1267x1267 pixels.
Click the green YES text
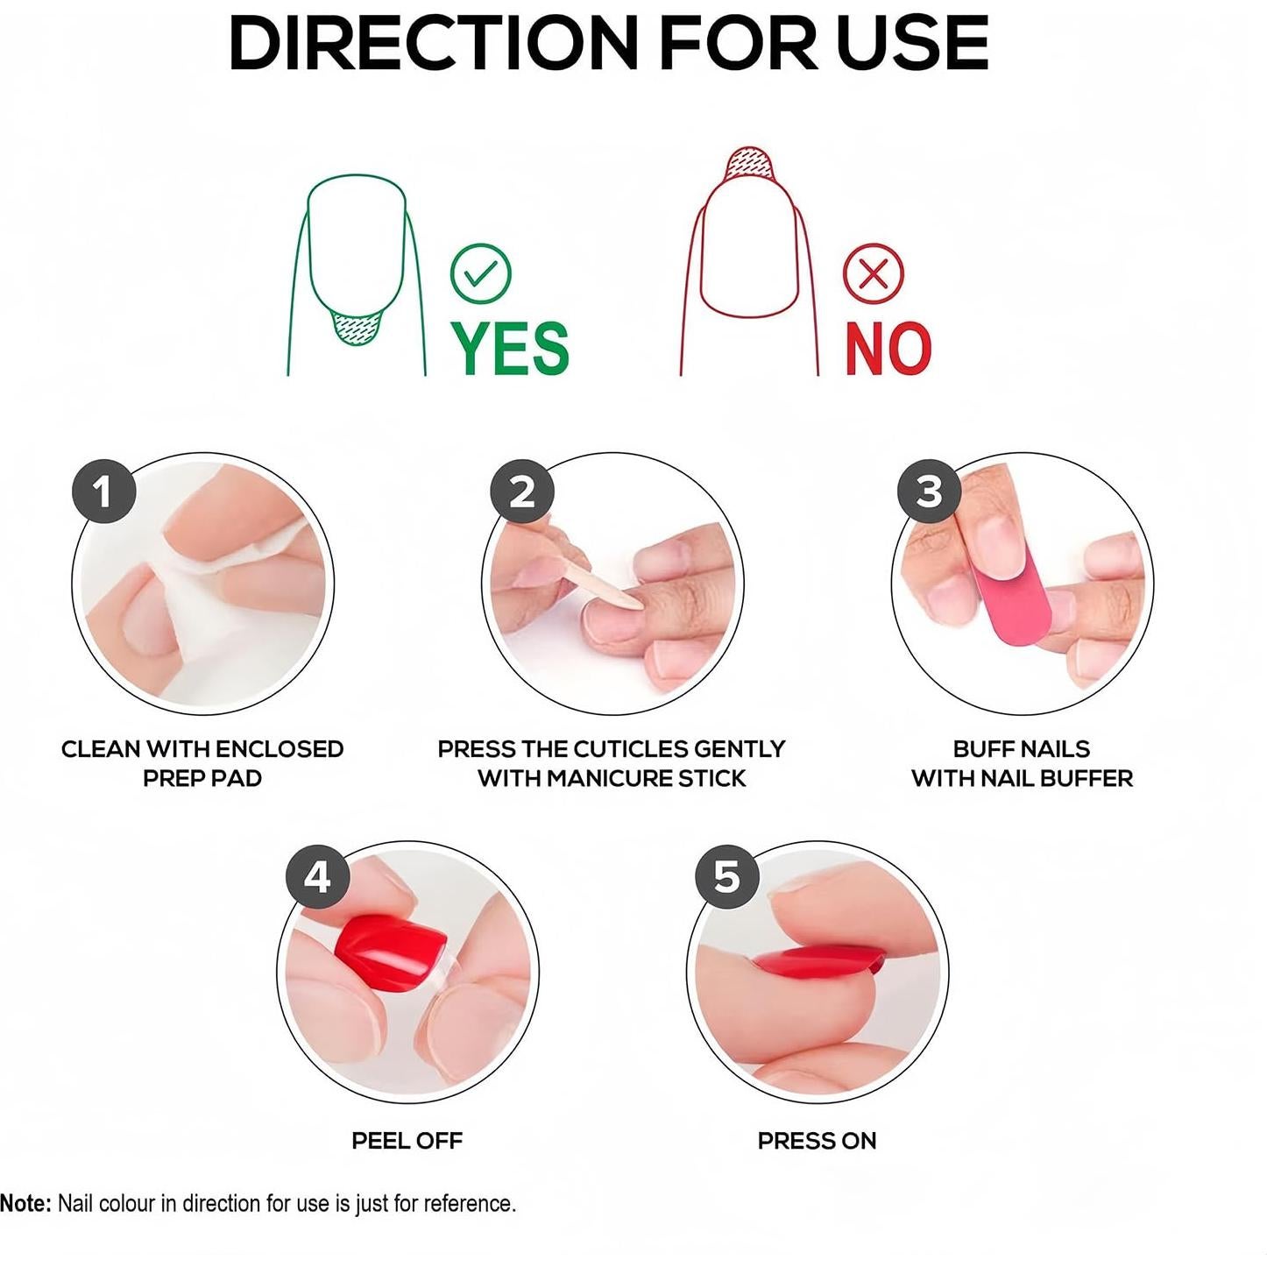(510, 348)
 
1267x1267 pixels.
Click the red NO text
(887, 349)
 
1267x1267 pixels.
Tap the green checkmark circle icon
(480, 273)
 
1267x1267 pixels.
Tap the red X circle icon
(873, 273)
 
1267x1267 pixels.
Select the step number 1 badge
(103, 492)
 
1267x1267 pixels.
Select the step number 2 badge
(521, 492)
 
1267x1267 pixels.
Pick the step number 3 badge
(929, 492)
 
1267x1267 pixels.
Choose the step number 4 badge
(317, 876)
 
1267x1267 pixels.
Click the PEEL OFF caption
(407, 1141)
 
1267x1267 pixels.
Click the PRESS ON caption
(817, 1141)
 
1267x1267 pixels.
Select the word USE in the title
(911, 44)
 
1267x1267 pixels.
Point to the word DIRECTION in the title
(433, 44)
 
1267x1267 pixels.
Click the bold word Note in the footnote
(25, 1204)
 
